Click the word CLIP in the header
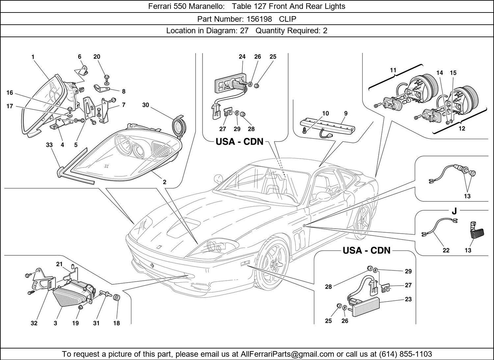pyautogui.click(x=287, y=19)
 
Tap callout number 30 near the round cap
pyautogui.click(x=146, y=105)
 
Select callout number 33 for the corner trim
pyautogui.click(x=49, y=145)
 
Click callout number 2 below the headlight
pyautogui.click(x=164, y=182)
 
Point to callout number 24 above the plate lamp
pyautogui.click(x=242, y=57)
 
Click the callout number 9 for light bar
pyautogui.click(x=346, y=113)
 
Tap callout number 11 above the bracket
pyautogui.click(x=393, y=70)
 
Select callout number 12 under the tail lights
pyautogui.click(x=462, y=129)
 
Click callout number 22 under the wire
pyautogui.click(x=446, y=250)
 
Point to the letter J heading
pyautogui.click(x=454, y=211)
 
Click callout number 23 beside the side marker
pyautogui.click(x=408, y=299)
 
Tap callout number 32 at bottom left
pyautogui.click(x=34, y=323)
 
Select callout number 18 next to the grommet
pyautogui.click(x=117, y=323)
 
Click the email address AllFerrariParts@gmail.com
pyautogui.click(x=288, y=354)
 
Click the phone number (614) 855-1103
pyautogui.click(x=405, y=354)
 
